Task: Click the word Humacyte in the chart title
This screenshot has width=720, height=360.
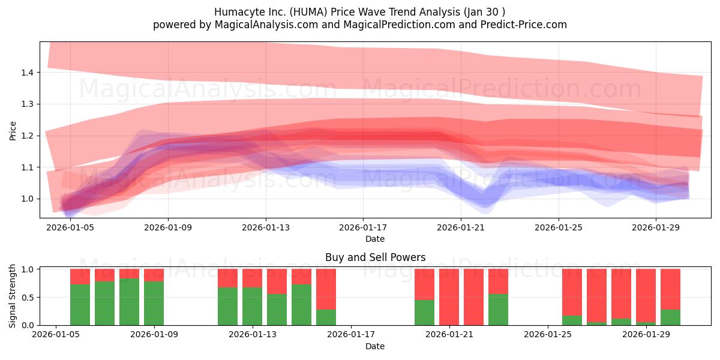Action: (235, 12)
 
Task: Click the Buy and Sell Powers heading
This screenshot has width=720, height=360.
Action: (375, 257)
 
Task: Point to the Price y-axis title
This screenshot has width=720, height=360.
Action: (13, 130)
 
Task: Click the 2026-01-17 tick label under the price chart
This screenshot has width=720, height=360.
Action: (363, 228)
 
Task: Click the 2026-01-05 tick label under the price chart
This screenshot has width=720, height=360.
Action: (70, 228)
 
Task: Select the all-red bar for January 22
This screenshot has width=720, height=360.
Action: (473, 297)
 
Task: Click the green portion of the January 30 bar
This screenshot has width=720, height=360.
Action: (670, 317)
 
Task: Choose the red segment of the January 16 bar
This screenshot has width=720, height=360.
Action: (326, 289)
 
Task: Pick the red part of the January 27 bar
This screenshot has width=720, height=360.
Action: (596, 295)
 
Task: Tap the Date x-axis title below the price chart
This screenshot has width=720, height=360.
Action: (375, 239)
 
